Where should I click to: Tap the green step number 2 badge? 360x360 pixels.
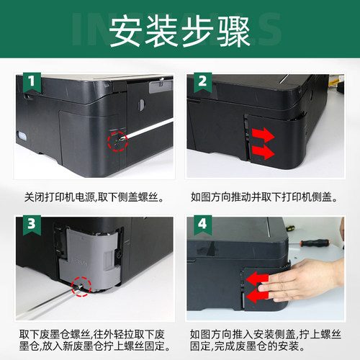(x=202, y=80)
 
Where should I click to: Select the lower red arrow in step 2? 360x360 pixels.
(x=264, y=152)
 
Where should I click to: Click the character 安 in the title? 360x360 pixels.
(x=125, y=32)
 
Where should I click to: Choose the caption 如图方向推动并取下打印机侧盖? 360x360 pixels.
(x=266, y=196)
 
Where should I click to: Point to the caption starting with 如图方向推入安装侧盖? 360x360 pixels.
(x=266, y=341)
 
